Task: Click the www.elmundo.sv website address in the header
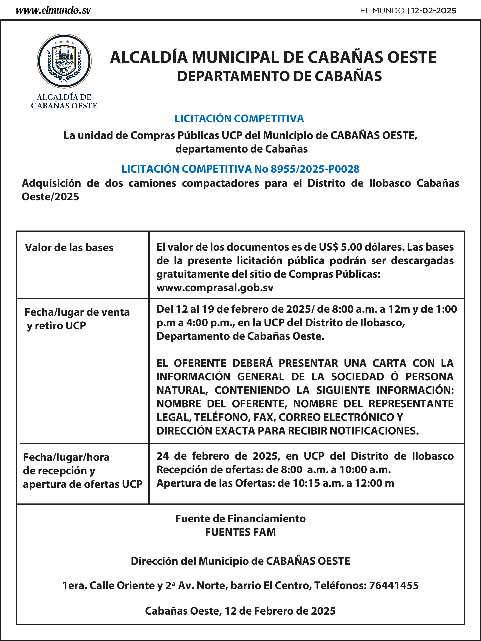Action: pos(53,11)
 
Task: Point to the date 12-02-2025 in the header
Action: pos(433,11)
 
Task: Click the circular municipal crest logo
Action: pos(64,61)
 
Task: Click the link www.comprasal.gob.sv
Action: pos(215,288)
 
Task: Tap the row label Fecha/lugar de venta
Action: pos(77,312)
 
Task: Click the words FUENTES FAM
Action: pos(240,532)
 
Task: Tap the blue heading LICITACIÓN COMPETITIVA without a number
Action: pos(239,118)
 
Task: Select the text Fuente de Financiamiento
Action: pos(240,518)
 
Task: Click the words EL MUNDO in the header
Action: pos(382,11)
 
